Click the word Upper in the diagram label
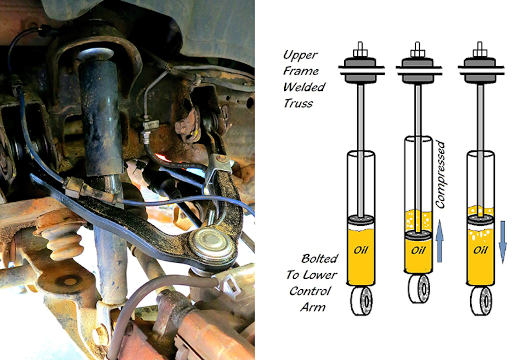[300, 55]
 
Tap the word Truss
[298, 103]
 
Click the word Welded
[304, 87]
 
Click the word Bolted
[319, 259]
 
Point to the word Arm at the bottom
[313, 307]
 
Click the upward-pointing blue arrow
[439, 241]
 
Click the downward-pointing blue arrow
[503, 241]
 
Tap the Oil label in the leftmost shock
[361, 250]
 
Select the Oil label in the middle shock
[418, 250]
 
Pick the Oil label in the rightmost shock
[480, 250]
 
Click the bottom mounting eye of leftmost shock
[362, 301]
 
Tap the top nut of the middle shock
[417, 52]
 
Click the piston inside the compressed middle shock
[418, 234]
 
